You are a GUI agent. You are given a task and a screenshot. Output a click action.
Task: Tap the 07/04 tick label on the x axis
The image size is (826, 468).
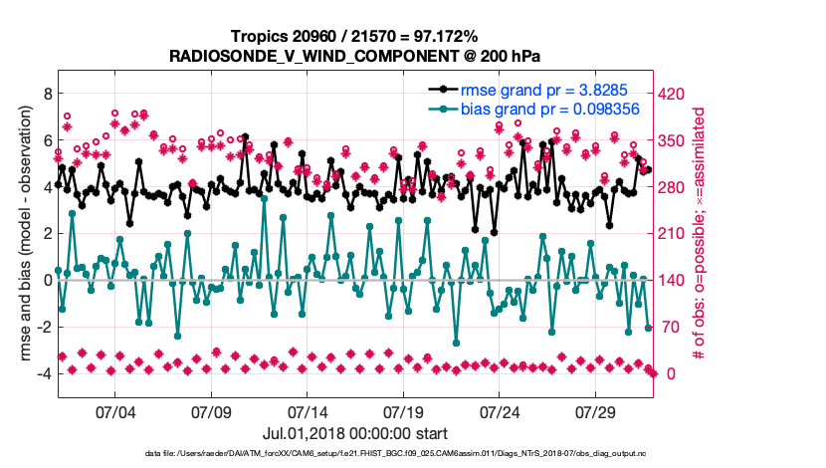(x=114, y=410)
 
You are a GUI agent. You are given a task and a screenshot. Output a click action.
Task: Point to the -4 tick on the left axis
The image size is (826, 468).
(x=42, y=374)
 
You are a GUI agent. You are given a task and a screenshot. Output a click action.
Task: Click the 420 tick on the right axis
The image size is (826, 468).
(x=674, y=94)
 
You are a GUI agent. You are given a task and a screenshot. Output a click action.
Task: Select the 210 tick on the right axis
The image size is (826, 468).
(x=674, y=234)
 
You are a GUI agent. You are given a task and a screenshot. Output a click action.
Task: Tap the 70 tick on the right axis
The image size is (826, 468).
(x=670, y=328)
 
